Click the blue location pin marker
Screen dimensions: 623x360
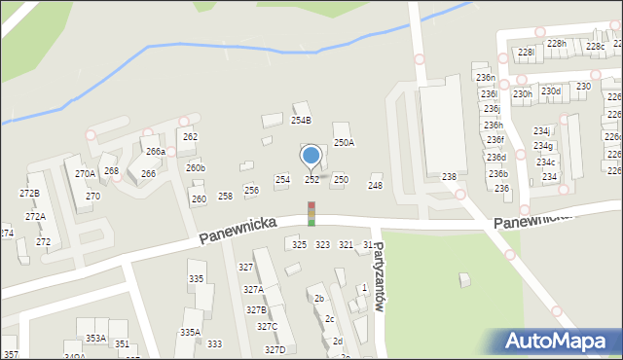point(311,156)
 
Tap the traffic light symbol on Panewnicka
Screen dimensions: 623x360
point(311,214)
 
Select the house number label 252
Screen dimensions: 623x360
point(311,180)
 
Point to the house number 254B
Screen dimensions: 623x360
point(301,121)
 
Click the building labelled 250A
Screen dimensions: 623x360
point(344,143)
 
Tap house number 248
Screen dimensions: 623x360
point(375,185)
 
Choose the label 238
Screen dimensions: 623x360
point(449,177)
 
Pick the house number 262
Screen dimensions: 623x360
point(190,137)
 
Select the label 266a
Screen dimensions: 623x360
point(155,152)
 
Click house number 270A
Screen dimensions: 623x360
point(85,174)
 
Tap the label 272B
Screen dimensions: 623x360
point(29,193)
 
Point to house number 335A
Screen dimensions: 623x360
point(190,332)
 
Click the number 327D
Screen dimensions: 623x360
point(275,349)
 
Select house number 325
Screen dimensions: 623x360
point(299,245)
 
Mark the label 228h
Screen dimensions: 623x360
point(556,44)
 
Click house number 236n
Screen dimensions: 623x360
point(485,78)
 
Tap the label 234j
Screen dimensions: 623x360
point(542,131)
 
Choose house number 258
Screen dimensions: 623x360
point(225,197)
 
